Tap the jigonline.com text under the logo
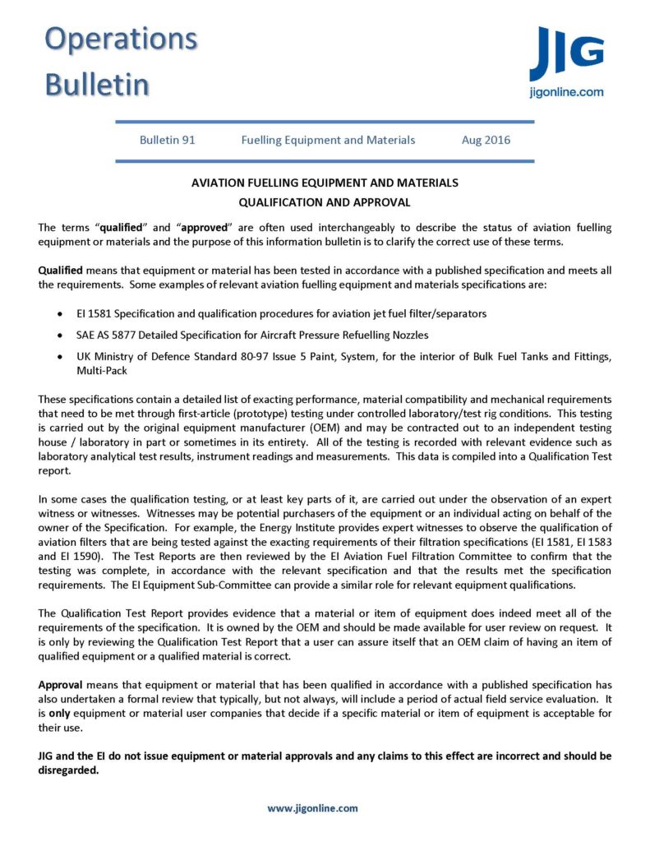(x=566, y=93)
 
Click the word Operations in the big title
(x=121, y=39)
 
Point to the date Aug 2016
(x=486, y=140)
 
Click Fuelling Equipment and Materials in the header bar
(x=328, y=140)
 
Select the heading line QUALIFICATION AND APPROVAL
(x=325, y=201)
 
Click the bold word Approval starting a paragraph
(x=61, y=684)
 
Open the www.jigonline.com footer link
(x=312, y=807)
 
